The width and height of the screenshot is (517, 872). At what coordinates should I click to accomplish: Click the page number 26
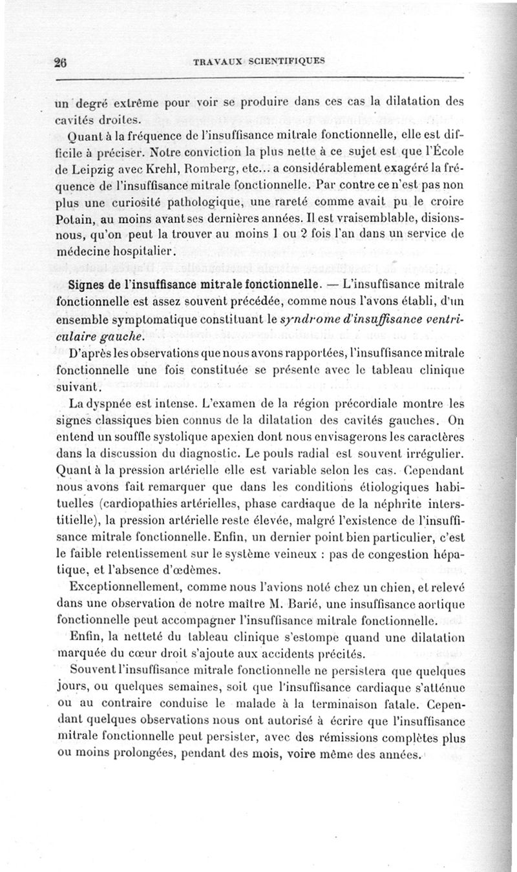[62, 62]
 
